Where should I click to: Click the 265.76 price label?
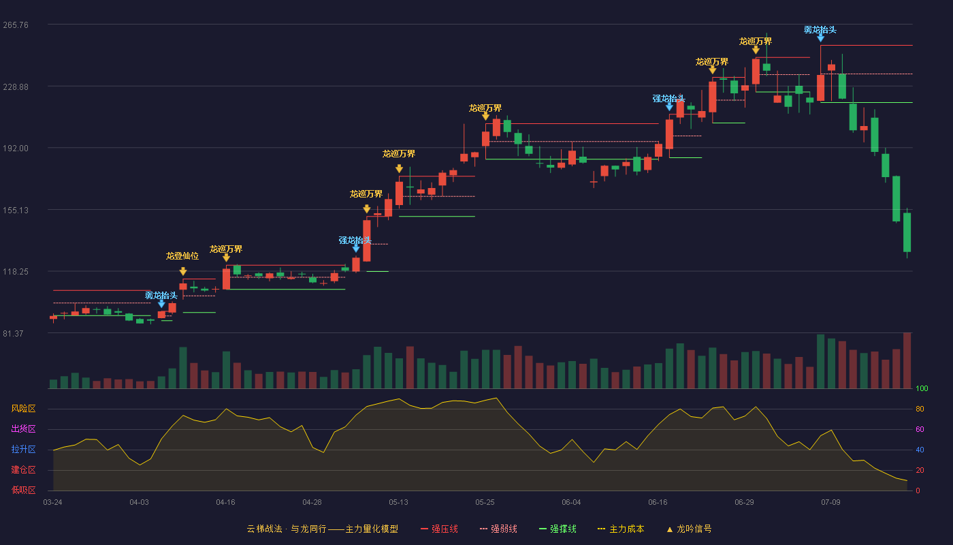16,25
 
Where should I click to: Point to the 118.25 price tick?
16,272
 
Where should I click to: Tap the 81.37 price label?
13,333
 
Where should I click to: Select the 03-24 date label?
53,502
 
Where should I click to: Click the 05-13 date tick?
398,502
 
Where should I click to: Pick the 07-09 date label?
830,502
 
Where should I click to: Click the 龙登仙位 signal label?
182,256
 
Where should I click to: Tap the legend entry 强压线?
440,529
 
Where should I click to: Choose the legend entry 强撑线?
558,529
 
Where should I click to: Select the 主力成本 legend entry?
621,529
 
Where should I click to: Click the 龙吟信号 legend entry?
689,529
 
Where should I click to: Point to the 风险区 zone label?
23,408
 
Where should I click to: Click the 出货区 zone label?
23,429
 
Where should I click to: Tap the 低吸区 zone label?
23,490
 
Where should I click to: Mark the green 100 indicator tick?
922,388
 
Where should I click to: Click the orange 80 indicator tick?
920,409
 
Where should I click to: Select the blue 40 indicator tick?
920,450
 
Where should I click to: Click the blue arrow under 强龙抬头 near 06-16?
669,107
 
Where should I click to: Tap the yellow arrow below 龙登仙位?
183,271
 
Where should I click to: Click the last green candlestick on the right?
907,232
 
